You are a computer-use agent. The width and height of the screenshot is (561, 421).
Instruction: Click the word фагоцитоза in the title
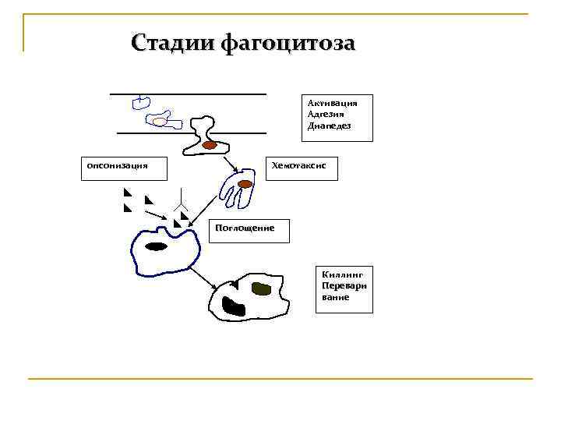pyautogui.click(x=288, y=42)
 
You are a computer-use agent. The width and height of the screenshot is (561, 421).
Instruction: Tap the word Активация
pyautogui.click(x=332, y=102)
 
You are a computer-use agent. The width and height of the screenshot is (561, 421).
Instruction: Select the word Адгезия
pyautogui.click(x=326, y=114)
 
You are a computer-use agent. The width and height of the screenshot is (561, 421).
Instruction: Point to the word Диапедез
pyautogui.click(x=329, y=126)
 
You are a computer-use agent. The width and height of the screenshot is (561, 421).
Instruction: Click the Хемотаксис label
pyautogui.click(x=303, y=166)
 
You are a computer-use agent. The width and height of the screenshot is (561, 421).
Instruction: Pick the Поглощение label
pyautogui.click(x=245, y=228)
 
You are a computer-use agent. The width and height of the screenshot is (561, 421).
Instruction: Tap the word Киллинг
pyautogui.click(x=337, y=274)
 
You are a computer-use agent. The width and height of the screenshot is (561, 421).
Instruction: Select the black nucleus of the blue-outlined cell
pyautogui.click(x=157, y=246)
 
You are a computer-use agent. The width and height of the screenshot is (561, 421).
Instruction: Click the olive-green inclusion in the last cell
pyautogui.click(x=260, y=289)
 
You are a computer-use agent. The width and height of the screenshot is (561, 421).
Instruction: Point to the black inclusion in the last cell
pyautogui.click(x=231, y=306)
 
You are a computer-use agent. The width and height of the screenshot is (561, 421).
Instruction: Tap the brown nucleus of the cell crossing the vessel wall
pyautogui.click(x=210, y=145)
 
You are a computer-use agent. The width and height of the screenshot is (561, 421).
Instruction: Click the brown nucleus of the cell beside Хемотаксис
pyautogui.click(x=245, y=185)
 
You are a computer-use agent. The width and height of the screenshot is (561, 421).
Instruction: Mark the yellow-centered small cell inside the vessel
pyautogui.click(x=160, y=122)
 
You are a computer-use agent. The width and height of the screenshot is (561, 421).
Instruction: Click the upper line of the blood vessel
pyautogui.click(x=188, y=94)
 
